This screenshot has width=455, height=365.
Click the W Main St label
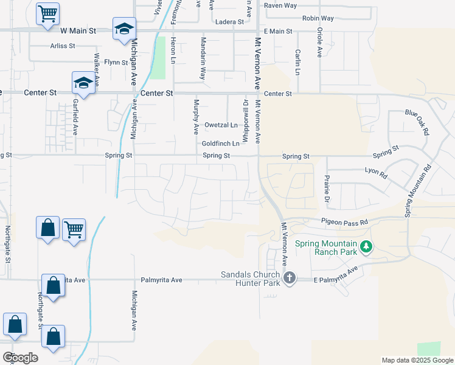tap(78, 30)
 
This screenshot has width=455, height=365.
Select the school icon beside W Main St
tap(124, 29)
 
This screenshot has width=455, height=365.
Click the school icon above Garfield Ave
tap(83, 83)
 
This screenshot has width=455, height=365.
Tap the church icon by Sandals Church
tap(290, 278)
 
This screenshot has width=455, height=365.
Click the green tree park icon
tap(366, 247)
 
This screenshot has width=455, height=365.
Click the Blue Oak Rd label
tap(417, 122)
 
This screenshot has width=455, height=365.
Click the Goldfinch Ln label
tap(221, 144)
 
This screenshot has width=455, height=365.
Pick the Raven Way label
tap(280, 5)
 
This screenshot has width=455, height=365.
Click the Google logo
tap(20, 358)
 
